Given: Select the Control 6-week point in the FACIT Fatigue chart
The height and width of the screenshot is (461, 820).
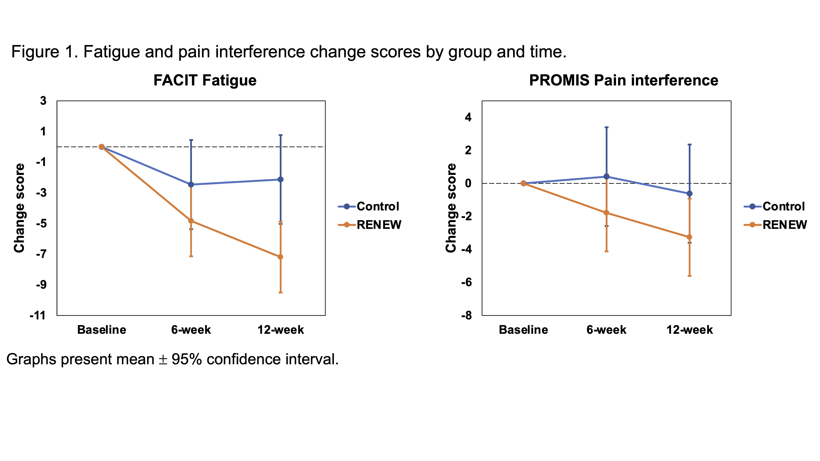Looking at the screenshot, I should coord(191,185).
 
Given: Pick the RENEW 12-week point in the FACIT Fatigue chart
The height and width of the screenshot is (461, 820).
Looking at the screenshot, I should coord(280,257).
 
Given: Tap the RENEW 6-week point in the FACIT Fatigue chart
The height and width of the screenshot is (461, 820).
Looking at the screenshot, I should coord(191,221).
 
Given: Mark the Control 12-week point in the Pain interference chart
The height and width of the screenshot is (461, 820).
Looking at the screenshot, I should coord(689,193).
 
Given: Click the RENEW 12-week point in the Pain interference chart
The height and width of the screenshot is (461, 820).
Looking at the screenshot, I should coord(689,237).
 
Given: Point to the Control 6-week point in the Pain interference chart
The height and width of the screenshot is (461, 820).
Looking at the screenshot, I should coord(606,177).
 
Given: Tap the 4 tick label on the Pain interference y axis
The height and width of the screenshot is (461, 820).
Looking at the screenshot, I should coord(468,117).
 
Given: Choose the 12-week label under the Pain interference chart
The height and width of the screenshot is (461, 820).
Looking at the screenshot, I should coord(689,330).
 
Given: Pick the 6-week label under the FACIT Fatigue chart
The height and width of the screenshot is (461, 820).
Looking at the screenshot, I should coord(191,330).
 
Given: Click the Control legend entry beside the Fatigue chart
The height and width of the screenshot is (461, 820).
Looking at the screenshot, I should coord(378,207).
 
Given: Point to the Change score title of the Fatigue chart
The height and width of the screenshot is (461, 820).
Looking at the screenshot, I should coord(19,208).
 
